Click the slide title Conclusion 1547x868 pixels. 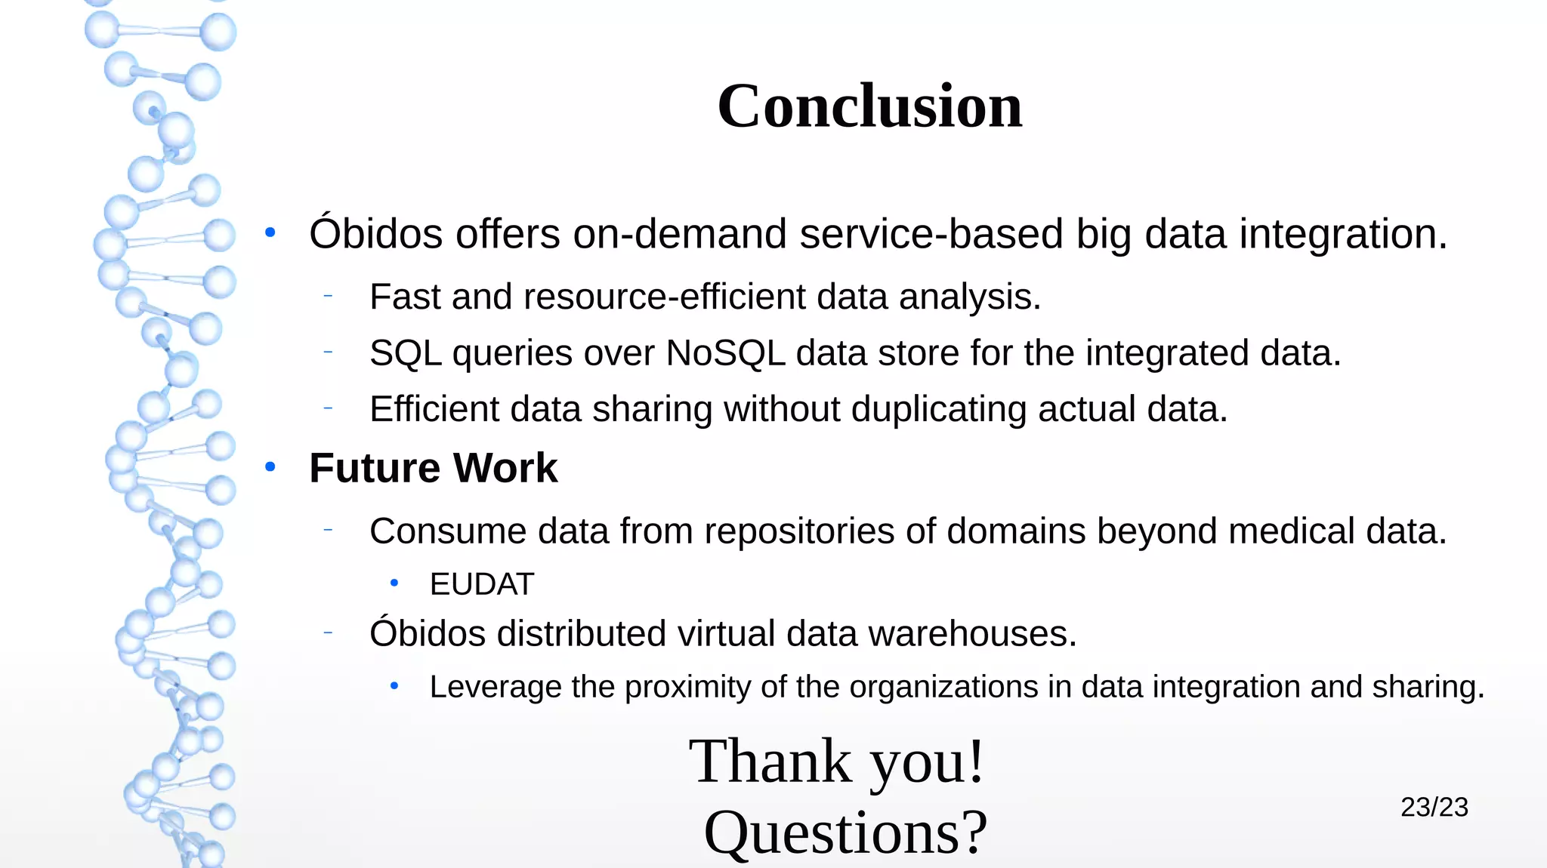pyautogui.click(x=869, y=106)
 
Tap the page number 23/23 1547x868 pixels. pyautogui.click(x=1434, y=807)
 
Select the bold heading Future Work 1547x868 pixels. pyautogui.click(x=433, y=468)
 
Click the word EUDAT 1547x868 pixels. pyautogui.click(x=482, y=584)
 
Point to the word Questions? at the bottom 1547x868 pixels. pyautogui.click(x=845, y=832)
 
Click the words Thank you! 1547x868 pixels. pyautogui.click(x=837, y=761)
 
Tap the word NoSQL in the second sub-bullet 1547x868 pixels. pyautogui.click(x=725, y=353)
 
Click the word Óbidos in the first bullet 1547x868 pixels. pyautogui.click(x=376, y=233)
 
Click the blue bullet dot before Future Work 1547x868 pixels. pyautogui.click(x=270, y=468)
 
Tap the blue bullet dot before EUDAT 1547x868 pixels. pyautogui.click(x=394, y=583)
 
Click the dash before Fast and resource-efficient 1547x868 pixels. pyautogui.click(x=328, y=296)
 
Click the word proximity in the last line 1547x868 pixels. pyautogui.click(x=688, y=687)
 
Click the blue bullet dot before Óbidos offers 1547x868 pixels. pyautogui.click(x=270, y=233)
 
